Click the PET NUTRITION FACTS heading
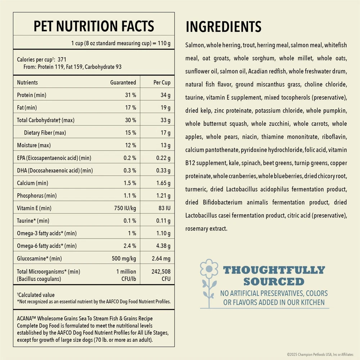94,26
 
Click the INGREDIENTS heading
223,27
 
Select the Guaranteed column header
123,82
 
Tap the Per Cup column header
162,82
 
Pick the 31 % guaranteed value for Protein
131,95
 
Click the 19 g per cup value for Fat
166,108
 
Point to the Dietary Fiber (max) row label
45,133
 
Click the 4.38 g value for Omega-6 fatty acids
163,246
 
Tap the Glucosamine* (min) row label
39,258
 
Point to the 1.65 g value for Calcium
163,183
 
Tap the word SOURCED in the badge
274,281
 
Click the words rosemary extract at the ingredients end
206,229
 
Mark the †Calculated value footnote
36,295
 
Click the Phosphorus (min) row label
37,196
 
